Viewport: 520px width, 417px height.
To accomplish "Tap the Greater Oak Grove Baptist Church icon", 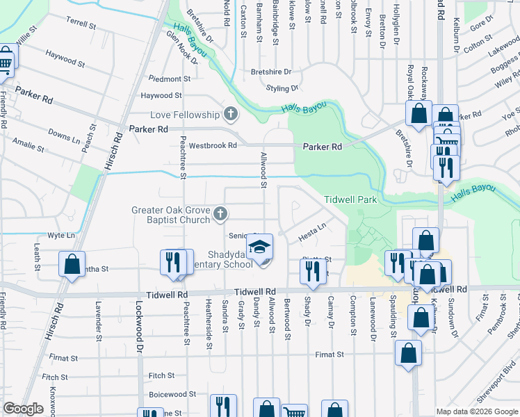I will pyautogui.click(x=220, y=214).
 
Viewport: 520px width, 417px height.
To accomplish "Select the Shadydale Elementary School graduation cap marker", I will pyautogui.click(x=260, y=248).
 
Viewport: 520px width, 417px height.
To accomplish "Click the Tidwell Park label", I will pyautogui.click(x=350, y=200).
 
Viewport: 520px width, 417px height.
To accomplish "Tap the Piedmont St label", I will pyautogui.click(x=165, y=79).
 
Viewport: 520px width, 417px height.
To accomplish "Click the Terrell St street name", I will pyautogui.click(x=81, y=24).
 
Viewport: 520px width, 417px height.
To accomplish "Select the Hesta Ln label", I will pyautogui.click(x=313, y=227).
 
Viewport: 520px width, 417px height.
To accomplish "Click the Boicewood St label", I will pyautogui.click(x=168, y=394).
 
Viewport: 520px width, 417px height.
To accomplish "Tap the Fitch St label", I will pyautogui.click(x=161, y=376).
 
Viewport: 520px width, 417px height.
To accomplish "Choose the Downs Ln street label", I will pyautogui.click(x=64, y=133).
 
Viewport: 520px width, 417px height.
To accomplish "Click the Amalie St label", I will pyautogui.click(x=29, y=149).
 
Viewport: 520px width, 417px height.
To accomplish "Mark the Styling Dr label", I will pyautogui.click(x=282, y=88).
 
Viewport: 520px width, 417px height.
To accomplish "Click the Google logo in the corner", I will pyautogui.click(x=23, y=409).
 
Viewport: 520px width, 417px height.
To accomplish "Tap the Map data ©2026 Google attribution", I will pyautogui.click(x=477, y=411).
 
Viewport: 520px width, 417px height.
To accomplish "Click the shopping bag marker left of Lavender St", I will pyautogui.click(x=72, y=265).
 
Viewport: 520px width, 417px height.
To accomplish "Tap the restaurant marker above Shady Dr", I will pyautogui.click(x=312, y=270).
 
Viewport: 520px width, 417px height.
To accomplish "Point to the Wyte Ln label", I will pyautogui.click(x=61, y=236).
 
